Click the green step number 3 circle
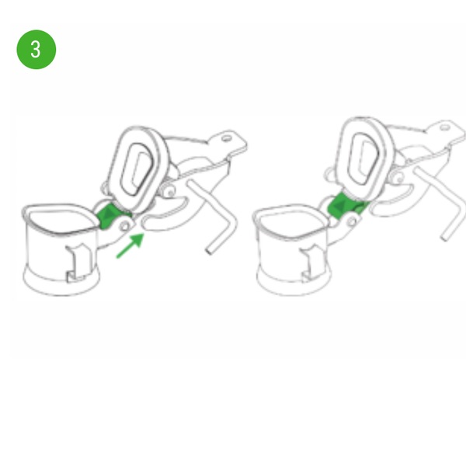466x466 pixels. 36,50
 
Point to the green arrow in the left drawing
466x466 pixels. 130,245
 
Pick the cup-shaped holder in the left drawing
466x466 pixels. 61,249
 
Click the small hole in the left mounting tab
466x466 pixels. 227,138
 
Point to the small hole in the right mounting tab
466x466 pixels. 444,127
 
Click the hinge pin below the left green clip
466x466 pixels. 125,227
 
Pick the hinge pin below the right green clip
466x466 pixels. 352,221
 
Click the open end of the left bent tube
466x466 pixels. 209,251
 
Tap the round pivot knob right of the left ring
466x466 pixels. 169,192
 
